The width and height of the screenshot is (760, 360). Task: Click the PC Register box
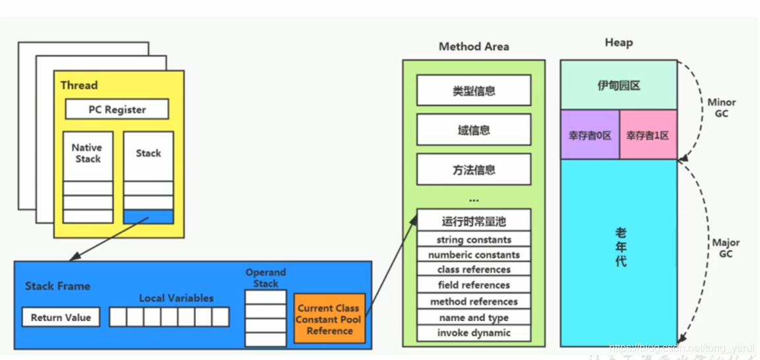[117, 109]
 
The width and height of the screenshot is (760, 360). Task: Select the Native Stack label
[87, 153]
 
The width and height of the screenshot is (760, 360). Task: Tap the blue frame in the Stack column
[148, 217]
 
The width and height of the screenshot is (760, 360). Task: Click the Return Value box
[61, 317]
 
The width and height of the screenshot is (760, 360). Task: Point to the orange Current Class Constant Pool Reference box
[329, 319]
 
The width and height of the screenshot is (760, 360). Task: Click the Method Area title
[474, 47]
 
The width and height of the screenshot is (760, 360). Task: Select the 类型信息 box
[474, 91]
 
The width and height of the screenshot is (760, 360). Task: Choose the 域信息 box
[474, 130]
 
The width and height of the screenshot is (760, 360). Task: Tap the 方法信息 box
[474, 169]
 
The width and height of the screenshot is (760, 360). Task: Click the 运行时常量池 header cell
[474, 222]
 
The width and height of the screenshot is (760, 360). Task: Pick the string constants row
[474, 239]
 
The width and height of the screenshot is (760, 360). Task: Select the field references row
[474, 285]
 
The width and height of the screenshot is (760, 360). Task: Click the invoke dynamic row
[474, 333]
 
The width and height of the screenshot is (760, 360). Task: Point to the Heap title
[619, 43]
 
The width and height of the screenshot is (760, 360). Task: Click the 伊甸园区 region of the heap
[619, 86]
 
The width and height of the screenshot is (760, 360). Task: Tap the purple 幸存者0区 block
[590, 135]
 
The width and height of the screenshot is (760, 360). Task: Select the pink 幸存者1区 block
[648, 135]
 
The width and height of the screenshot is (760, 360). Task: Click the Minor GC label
[721, 108]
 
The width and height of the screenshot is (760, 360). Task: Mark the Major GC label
[726, 248]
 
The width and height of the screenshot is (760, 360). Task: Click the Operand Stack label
[266, 278]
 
